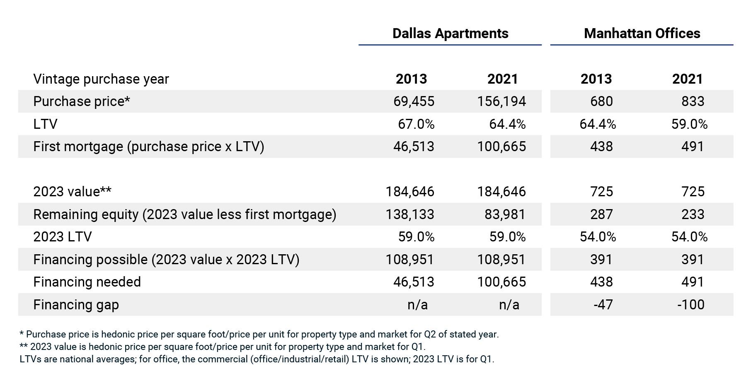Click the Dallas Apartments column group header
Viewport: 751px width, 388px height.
(450, 34)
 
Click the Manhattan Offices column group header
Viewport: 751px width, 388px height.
(642, 34)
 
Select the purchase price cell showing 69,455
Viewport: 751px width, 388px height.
(414, 101)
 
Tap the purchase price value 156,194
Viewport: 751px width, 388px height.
(501, 101)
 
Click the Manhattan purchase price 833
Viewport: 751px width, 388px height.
(693, 101)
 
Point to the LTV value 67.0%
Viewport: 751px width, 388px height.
(416, 124)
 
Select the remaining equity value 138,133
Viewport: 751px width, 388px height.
(409, 214)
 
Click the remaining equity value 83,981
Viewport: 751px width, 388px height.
(504, 214)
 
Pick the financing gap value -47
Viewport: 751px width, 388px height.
(603, 305)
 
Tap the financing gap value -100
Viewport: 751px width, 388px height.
(690, 305)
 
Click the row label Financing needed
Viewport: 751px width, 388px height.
(87, 282)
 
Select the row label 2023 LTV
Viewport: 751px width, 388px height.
(63, 237)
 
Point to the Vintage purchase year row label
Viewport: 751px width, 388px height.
(101, 79)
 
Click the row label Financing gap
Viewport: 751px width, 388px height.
(76, 305)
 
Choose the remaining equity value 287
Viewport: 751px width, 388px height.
(601, 214)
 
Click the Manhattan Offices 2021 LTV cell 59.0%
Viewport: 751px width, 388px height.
(689, 124)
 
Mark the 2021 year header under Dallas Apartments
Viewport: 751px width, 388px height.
(502, 79)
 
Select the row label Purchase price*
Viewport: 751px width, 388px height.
(82, 101)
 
